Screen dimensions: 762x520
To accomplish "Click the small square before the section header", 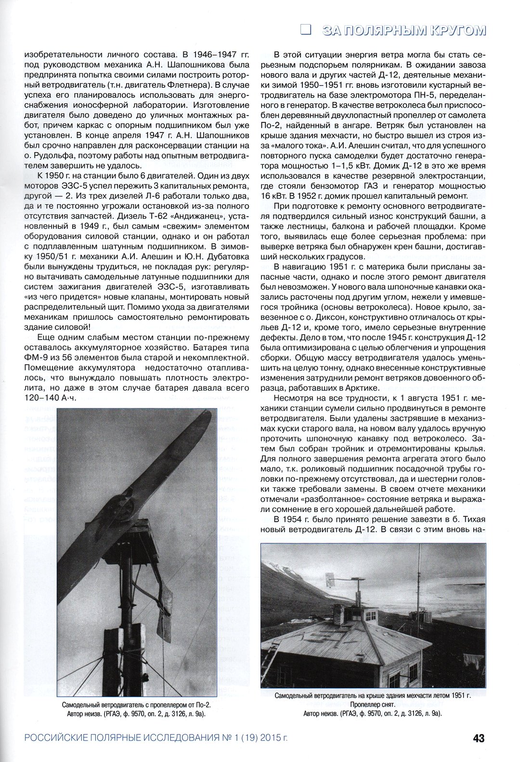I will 305,29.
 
